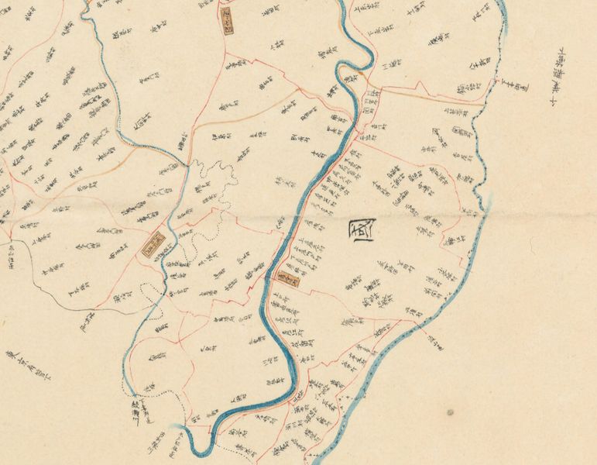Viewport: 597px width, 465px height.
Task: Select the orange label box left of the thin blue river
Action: click(154, 243)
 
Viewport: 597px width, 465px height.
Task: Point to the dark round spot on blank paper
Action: click(449, 411)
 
